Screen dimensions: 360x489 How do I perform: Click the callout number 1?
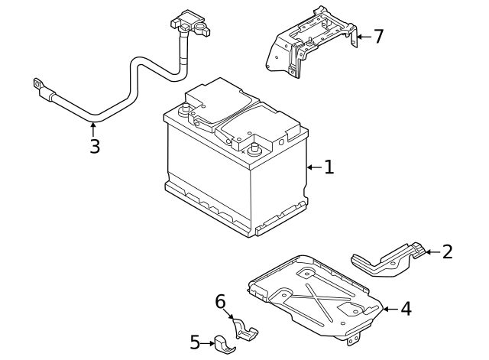coord(329,167)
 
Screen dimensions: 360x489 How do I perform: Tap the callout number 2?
coord(447,251)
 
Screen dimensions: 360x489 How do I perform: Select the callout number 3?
coord(94,146)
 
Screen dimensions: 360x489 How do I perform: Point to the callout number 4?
coord(406,309)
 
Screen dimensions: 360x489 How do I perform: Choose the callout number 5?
coord(195,343)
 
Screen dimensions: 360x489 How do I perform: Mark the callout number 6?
coord(220,303)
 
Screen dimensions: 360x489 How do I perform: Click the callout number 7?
coord(378,37)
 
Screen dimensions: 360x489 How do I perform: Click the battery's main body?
coord(229,176)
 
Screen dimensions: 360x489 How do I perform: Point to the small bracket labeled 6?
coord(244,329)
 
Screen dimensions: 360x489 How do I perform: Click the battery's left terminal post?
coord(184,109)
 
